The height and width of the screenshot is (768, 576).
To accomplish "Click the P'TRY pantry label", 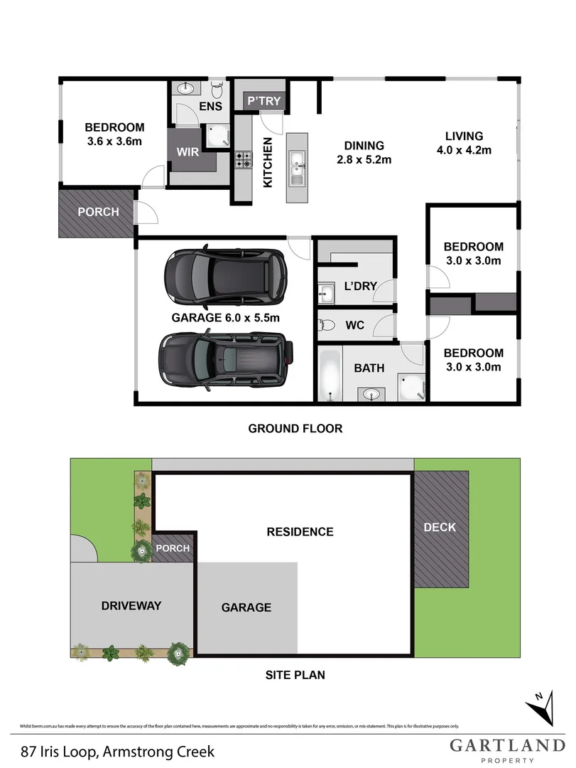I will click(x=264, y=102).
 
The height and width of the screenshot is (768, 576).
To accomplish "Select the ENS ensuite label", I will click(x=210, y=107).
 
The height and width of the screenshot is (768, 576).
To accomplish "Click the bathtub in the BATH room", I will click(x=329, y=373).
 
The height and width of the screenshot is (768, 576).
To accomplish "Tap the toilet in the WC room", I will click(x=327, y=325).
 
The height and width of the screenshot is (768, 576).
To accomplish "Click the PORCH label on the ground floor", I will click(x=99, y=212).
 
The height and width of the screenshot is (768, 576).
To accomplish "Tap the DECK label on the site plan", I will click(x=440, y=527).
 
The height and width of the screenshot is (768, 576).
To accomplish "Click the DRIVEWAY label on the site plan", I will click(x=131, y=606).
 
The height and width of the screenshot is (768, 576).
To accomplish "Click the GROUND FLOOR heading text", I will click(x=295, y=428).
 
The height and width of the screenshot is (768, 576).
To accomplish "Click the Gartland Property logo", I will click(x=506, y=750).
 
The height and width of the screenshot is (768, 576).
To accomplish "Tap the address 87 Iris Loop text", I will click(x=118, y=751).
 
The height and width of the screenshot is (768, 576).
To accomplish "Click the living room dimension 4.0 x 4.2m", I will click(x=464, y=150).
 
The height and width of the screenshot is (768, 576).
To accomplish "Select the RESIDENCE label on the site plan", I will click(x=300, y=531).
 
